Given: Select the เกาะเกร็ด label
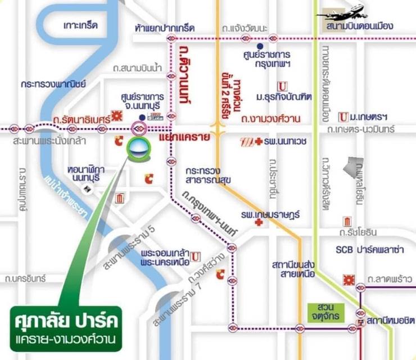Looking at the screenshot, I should tap(80, 26).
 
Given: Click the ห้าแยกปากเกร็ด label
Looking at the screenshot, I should tap(165, 28).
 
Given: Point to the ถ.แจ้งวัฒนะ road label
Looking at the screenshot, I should tap(246, 28).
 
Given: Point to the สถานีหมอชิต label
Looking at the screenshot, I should tap(391, 321).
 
